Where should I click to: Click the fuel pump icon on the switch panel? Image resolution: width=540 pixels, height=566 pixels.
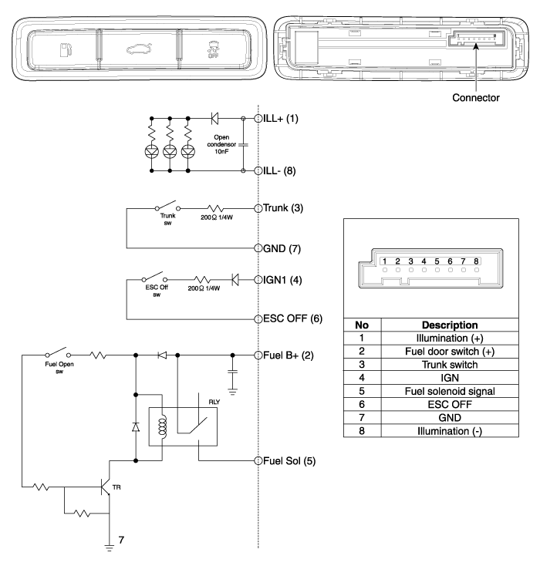[x=66, y=52]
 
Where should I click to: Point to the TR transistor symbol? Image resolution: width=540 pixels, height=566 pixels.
[x=107, y=487]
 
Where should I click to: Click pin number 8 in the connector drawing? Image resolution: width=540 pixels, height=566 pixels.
[x=477, y=262]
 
